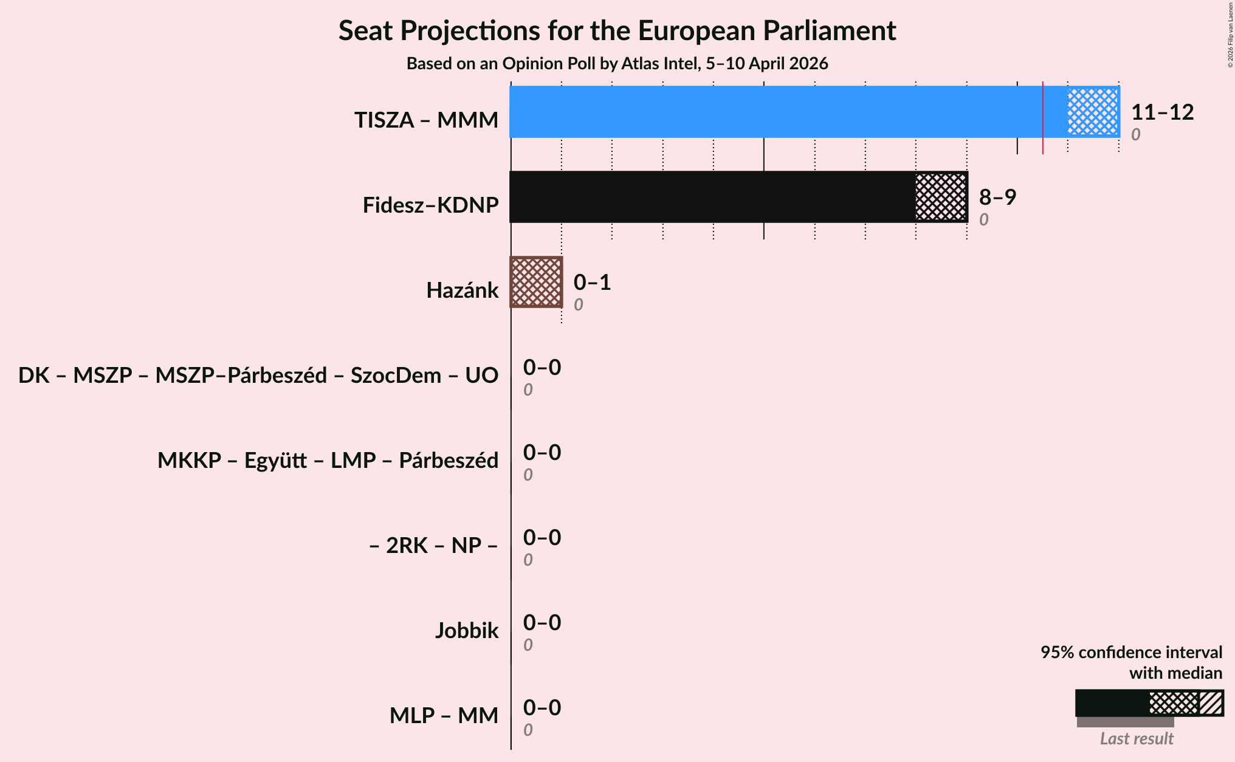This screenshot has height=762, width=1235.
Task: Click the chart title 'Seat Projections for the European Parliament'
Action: click(x=617, y=30)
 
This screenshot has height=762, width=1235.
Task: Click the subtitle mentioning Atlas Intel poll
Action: click(x=617, y=64)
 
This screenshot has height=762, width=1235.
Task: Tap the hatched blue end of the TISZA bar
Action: click(x=1093, y=112)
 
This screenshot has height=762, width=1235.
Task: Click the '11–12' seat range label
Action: click(x=1162, y=112)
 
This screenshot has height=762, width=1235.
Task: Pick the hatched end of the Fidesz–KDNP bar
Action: click(x=941, y=197)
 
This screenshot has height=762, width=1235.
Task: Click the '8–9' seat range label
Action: click(x=997, y=197)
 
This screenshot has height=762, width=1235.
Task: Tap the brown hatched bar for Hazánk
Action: click(x=536, y=282)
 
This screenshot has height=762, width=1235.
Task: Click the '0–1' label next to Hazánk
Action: click(x=592, y=283)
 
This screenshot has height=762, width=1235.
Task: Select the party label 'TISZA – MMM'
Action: click(x=426, y=120)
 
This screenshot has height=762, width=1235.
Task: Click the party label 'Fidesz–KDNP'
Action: click(x=430, y=205)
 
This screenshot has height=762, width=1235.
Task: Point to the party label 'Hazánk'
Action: click(x=462, y=290)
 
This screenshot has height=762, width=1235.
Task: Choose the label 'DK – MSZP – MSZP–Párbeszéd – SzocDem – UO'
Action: click(x=258, y=376)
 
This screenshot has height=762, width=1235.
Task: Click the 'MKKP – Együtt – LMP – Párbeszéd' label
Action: click(x=328, y=461)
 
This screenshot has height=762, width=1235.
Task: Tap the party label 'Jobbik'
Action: click(x=466, y=631)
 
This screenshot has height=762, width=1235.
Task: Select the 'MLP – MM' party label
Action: click(x=444, y=716)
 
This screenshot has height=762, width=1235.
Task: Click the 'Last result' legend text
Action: click(x=1137, y=738)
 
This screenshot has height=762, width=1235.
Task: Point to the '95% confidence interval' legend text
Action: click(x=1131, y=653)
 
